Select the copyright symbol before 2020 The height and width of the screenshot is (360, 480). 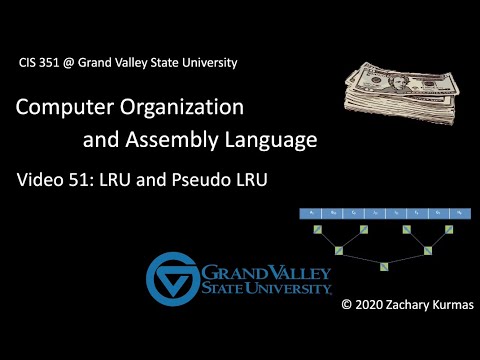(x=347, y=302)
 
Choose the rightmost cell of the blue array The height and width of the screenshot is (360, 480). (x=458, y=213)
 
